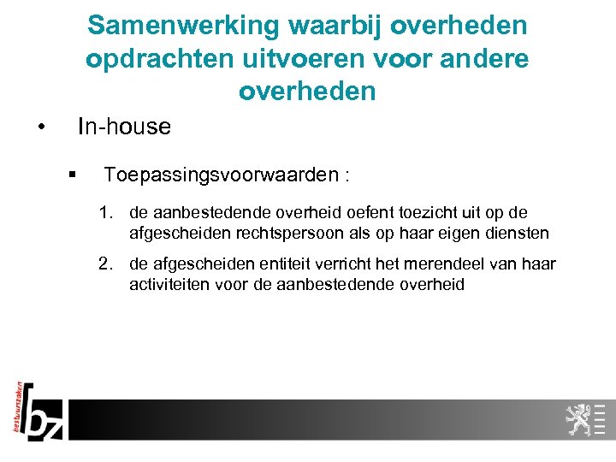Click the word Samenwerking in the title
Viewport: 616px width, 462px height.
(x=183, y=26)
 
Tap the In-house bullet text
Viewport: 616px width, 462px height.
(x=124, y=127)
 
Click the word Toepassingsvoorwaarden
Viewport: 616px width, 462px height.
(x=221, y=175)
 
